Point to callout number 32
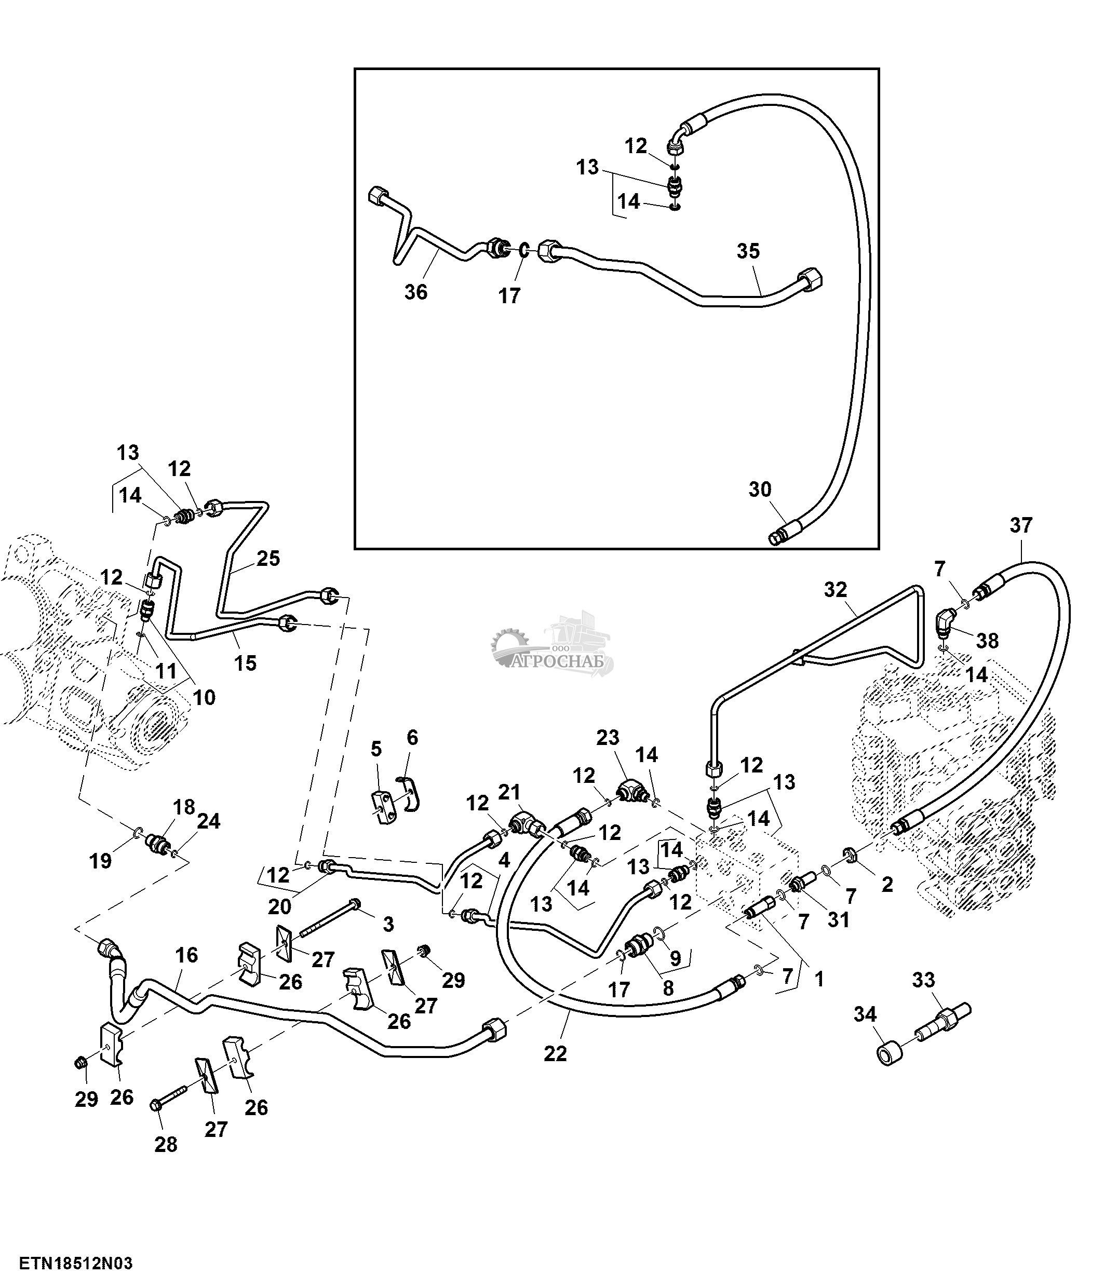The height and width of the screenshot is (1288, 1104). point(836,589)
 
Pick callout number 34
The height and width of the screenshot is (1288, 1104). point(865,1014)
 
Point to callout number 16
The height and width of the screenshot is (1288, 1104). point(186,955)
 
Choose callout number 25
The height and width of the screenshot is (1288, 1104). point(268,558)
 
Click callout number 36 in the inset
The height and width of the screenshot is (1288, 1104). point(416,292)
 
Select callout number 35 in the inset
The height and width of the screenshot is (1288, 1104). point(748,251)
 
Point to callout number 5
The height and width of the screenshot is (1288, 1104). point(376,749)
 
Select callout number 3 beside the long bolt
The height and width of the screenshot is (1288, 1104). point(388,925)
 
